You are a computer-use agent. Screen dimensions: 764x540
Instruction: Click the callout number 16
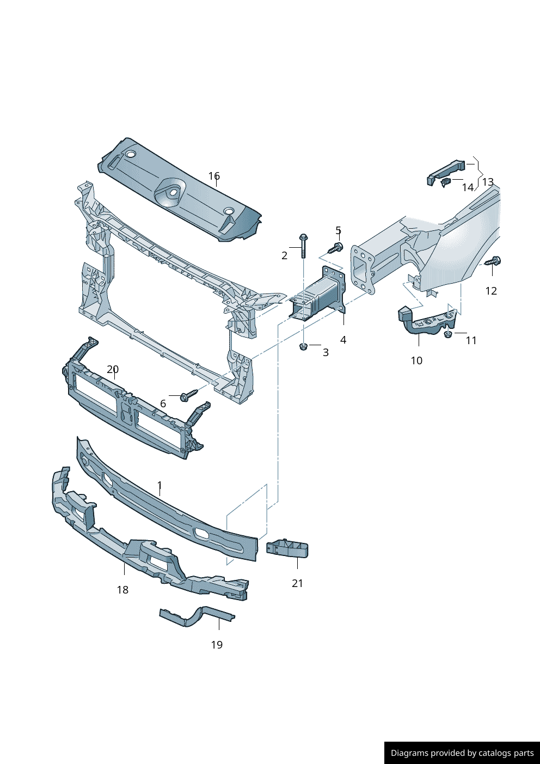click(214, 176)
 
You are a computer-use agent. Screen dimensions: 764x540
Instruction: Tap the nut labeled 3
click(304, 346)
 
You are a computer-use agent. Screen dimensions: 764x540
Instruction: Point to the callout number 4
click(343, 340)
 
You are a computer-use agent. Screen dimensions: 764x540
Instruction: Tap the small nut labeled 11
click(448, 333)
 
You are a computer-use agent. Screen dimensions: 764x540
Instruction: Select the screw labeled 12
click(493, 261)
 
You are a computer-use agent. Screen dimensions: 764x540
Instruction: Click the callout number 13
click(488, 182)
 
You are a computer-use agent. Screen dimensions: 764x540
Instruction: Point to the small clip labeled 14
click(446, 181)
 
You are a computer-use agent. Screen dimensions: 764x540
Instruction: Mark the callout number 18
click(122, 590)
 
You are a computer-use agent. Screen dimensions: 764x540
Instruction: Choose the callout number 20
click(113, 369)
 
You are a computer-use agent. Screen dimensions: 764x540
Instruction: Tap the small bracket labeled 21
click(287, 549)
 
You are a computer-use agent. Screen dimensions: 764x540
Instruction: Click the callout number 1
click(159, 485)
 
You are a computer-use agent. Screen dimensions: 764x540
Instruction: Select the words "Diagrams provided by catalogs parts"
click(462, 753)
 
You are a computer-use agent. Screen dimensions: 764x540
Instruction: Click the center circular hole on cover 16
click(173, 192)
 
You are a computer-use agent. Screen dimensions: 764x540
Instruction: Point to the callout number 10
click(416, 360)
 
